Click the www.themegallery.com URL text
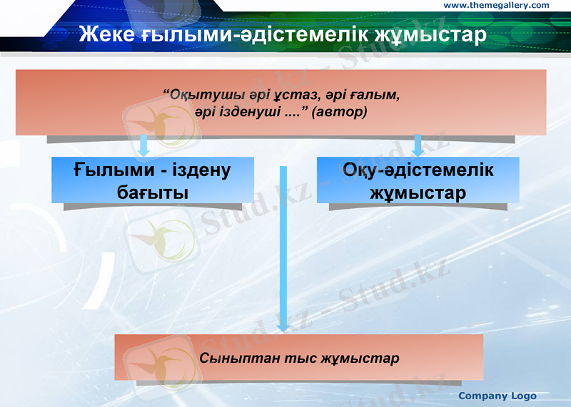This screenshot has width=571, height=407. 496,6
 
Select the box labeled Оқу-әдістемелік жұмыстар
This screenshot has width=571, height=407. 418,180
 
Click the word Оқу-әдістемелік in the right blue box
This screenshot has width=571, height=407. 418,170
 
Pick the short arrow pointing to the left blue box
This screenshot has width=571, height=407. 144,145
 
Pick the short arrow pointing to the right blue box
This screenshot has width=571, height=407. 418,145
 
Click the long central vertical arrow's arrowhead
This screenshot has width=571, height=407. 283,325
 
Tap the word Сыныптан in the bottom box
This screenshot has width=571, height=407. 230,358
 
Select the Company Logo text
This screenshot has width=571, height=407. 497,396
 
